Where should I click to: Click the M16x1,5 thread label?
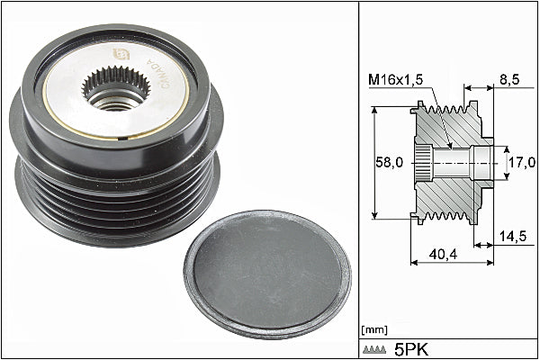(x=396, y=79)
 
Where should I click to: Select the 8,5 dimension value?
(x=509, y=79)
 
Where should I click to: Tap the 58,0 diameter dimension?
(x=389, y=162)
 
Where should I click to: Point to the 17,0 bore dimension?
(x=522, y=162)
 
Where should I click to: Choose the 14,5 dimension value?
(x=513, y=236)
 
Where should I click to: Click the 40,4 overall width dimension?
(x=443, y=254)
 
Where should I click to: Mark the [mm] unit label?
(x=374, y=330)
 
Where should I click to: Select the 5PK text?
(x=411, y=350)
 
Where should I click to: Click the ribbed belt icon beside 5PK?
(x=374, y=350)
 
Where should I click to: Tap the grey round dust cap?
(x=267, y=274)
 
